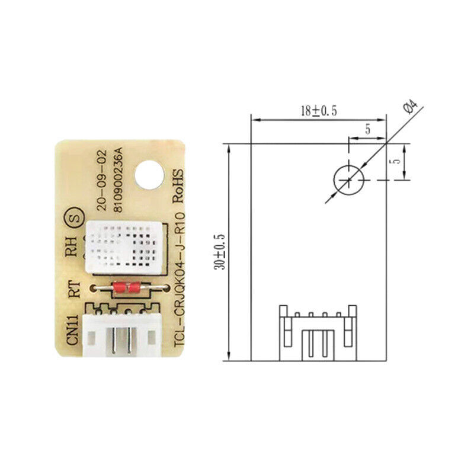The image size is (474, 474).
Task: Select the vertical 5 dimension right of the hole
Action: point(398,160)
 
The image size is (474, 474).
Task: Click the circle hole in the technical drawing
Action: point(348,180)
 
